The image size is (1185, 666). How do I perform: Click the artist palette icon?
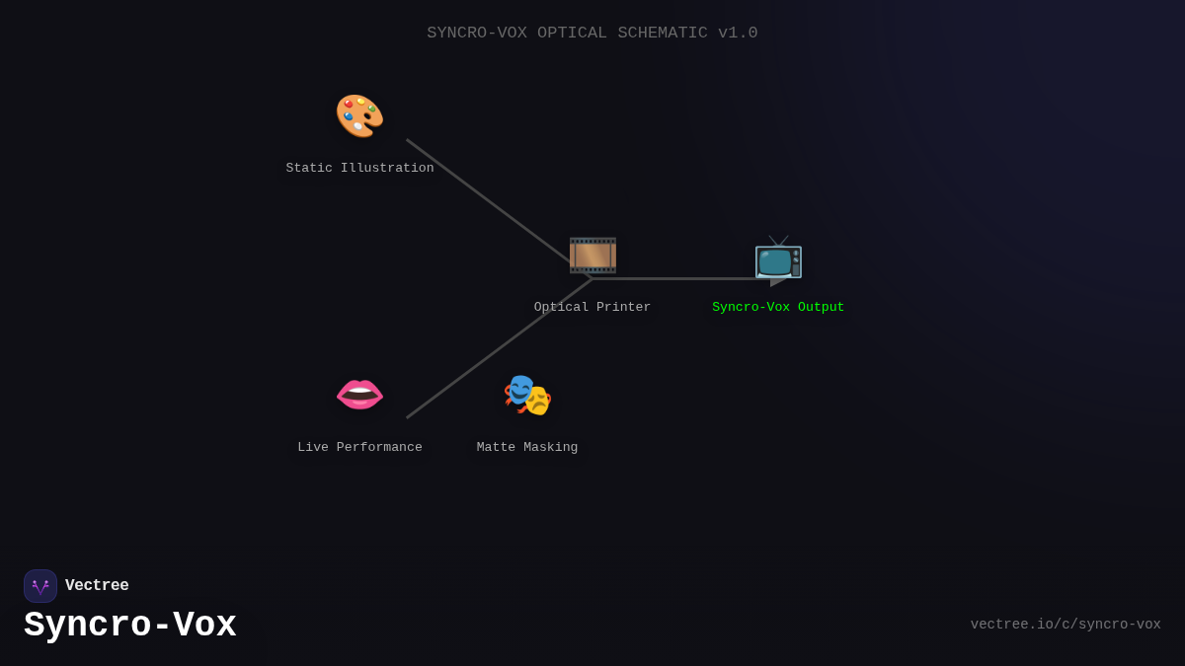pyautogui.click(x=359, y=116)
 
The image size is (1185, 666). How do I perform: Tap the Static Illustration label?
pyautogui.click(x=359, y=169)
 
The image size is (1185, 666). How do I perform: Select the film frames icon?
pyautogui.click(x=592, y=256)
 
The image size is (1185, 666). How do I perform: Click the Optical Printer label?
pyautogui.click(x=592, y=308)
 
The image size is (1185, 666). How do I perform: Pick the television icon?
pyautogui.click(x=778, y=258)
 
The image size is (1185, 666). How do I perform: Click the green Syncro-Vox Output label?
pyautogui.click(x=778, y=308)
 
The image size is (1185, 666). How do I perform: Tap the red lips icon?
pyautogui.click(x=359, y=395)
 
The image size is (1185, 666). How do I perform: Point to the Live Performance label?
pyautogui.click(x=359, y=448)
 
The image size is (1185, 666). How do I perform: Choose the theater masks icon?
pyautogui.click(x=527, y=395)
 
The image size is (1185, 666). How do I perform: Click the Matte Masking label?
pyautogui.click(x=527, y=448)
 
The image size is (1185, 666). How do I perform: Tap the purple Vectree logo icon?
pyautogui.click(x=40, y=586)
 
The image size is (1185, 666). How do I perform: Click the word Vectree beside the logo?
pyautogui.click(x=97, y=586)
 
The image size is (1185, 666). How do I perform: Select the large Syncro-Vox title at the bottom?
pyautogui.click(x=130, y=626)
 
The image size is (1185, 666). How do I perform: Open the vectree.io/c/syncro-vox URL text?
pyautogui.click(x=1065, y=625)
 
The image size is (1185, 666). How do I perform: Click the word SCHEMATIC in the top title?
pyautogui.click(x=662, y=34)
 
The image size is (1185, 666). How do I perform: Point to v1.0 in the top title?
pyautogui.click(x=738, y=34)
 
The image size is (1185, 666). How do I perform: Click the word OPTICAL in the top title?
pyautogui.click(x=572, y=34)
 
